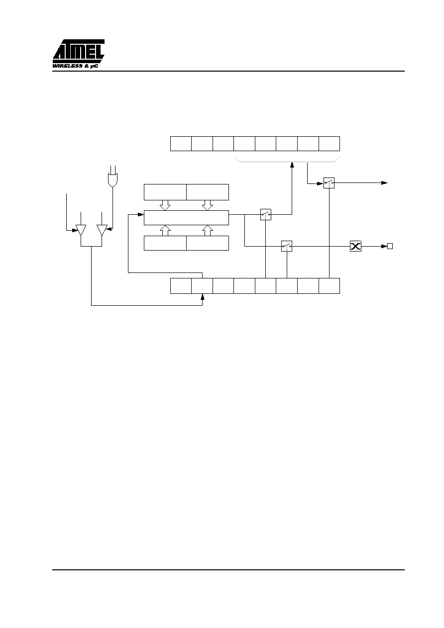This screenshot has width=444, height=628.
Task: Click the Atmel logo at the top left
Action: [x=78, y=54]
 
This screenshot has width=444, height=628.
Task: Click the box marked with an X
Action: [x=355, y=246]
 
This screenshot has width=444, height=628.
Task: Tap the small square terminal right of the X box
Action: [x=390, y=246]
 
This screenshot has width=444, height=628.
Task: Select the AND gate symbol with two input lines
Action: [x=112, y=179]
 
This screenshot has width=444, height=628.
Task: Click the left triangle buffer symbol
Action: [x=81, y=230]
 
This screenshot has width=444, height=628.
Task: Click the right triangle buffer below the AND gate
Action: [x=102, y=230]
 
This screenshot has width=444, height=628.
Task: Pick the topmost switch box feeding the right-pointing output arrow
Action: [x=329, y=183]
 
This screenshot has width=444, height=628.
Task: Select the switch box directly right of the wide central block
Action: [x=265, y=214]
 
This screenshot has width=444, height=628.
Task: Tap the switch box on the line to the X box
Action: [x=287, y=246]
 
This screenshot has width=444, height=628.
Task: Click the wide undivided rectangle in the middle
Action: [x=186, y=218]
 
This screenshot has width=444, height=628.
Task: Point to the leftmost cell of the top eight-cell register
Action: [x=181, y=144]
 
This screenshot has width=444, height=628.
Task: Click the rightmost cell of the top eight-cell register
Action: [x=329, y=144]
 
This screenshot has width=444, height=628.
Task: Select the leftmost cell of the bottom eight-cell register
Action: [x=181, y=286]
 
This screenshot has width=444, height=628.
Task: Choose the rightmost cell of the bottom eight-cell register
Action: [x=329, y=286]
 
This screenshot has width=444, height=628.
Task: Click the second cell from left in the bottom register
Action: [x=202, y=286]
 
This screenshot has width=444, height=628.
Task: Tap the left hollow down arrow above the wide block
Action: [x=165, y=205]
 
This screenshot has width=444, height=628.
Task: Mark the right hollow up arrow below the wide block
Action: [x=208, y=230]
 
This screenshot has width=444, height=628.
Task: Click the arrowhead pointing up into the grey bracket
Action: [x=292, y=165]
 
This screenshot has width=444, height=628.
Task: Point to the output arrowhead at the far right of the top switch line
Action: [x=384, y=183]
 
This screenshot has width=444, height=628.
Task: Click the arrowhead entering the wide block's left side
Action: [x=141, y=214]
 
